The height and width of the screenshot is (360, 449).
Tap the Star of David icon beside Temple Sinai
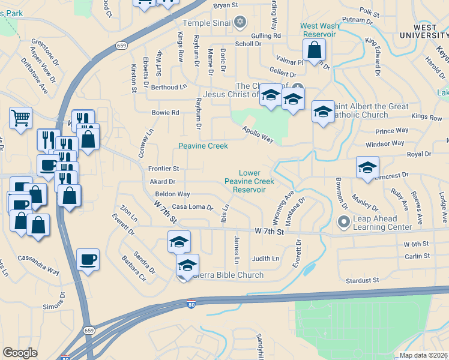coord(240,23)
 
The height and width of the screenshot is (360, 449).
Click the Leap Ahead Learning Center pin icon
coord(344,223)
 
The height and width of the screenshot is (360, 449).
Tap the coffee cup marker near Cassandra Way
coord(88,259)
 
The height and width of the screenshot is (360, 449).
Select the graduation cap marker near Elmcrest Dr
coord(367,167)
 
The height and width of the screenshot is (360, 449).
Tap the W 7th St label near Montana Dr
coord(268,231)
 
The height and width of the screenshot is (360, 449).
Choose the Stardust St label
coord(363,280)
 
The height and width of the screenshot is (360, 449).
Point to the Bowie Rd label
coord(166,113)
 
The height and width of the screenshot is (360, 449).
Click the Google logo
coord(20,353)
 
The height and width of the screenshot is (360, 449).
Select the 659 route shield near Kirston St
coord(122,45)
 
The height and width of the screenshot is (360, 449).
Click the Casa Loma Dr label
coord(193,207)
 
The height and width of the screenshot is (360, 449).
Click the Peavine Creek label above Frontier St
coord(203,146)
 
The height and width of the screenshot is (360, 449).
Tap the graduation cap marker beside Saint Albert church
coord(323,112)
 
